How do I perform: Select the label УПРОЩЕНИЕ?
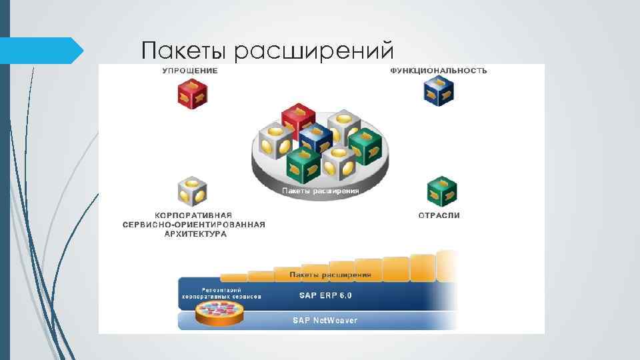pos(190,71)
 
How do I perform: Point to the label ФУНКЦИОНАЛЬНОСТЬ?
pos(438,71)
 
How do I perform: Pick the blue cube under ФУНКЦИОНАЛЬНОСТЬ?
pos(439,91)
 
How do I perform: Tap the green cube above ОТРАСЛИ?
pos(441,191)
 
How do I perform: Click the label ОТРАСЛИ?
pos(439,215)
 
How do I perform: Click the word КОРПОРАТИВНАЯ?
pos(193,215)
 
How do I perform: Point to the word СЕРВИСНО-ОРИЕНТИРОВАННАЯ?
pos(193,225)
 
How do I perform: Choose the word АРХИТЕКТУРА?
pos(193,234)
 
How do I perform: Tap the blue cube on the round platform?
pos(315,138)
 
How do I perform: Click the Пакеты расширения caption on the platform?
pos(321,191)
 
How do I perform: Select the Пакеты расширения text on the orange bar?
pos(331,275)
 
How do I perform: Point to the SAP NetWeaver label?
pos(325,321)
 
